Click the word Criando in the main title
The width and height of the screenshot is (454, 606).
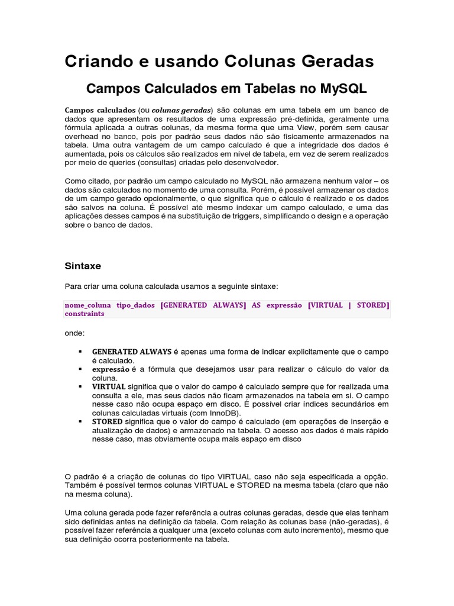click(95, 61)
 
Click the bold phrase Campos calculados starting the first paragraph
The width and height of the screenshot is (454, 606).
click(99, 110)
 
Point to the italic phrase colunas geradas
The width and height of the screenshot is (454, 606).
click(181, 110)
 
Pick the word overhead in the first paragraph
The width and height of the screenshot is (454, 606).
click(81, 136)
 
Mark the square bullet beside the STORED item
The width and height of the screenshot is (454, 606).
click(79, 422)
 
